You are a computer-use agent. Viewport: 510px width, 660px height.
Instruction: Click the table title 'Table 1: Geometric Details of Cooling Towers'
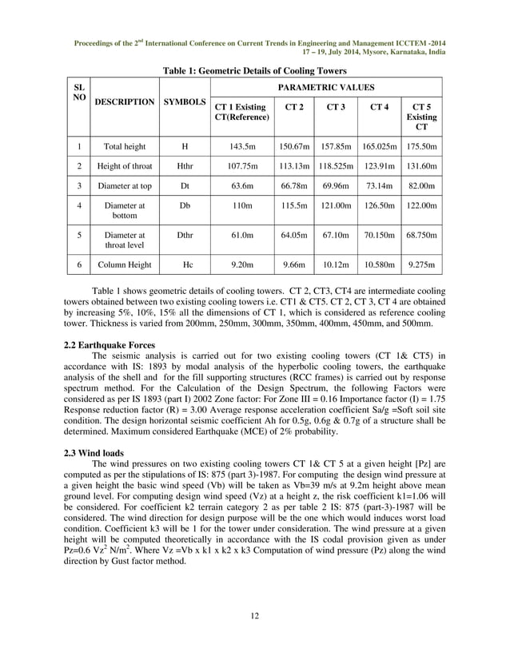(255, 71)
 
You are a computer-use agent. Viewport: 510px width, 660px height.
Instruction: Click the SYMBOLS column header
(185, 102)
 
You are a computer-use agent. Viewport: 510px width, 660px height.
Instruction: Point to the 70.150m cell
(379, 237)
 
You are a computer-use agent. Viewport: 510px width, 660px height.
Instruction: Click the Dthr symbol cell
(185, 237)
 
